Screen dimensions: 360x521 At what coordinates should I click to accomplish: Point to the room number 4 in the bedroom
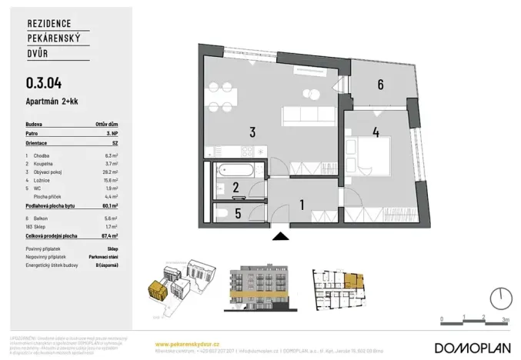[x=376, y=132]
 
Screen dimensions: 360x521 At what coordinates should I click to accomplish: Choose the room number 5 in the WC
[x=237, y=214]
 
